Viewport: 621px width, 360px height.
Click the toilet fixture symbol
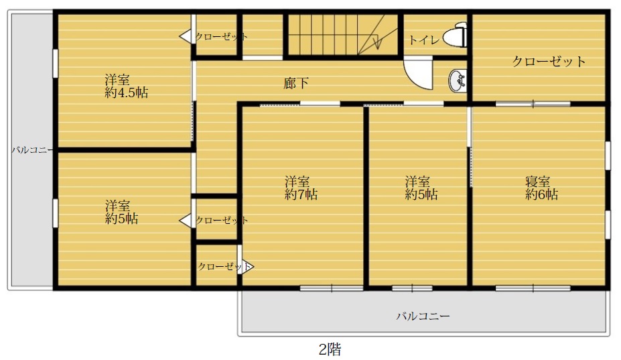pyautogui.click(x=456, y=35)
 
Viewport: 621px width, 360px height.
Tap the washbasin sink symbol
pyautogui.click(x=458, y=81)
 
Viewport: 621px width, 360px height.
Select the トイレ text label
pyautogui.click(x=424, y=40)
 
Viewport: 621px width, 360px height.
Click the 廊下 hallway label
pyautogui.click(x=296, y=83)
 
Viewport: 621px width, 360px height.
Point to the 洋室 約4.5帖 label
pyautogui.click(x=127, y=86)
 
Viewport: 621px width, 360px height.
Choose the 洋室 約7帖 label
pyautogui.click(x=301, y=188)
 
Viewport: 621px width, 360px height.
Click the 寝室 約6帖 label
pyautogui.click(x=541, y=188)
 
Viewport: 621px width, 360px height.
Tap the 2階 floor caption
pyautogui.click(x=330, y=349)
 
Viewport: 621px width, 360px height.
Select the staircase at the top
pyautogui.click(x=342, y=34)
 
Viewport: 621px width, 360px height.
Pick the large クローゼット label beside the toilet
pyautogui.click(x=549, y=61)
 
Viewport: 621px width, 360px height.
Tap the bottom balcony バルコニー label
pyautogui.click(x=423, y=316)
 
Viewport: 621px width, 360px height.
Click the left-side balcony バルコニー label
pyautogui.click(x=31, y=150)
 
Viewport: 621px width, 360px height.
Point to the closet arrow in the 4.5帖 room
pyautogui.click(x=186, y=36)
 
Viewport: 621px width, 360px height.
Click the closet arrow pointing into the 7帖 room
pyautogui.click(x=247, y=266)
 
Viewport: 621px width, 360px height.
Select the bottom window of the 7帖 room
pyautogui.click(x=332, y=288)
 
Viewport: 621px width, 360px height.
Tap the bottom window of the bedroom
pyautogui.click(x=533, y=288)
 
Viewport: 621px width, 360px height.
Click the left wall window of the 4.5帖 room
pyautogui.click(x=56, y=64)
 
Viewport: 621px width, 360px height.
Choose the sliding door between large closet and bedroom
pyautogui.click(x=533, y=104)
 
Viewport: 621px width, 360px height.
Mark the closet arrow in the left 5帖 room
pyautogui.click(x=186, y=221)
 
